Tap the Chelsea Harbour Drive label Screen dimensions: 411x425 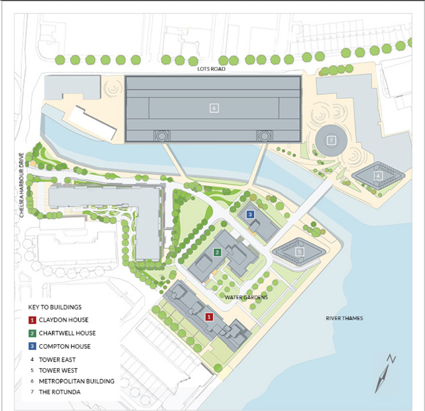[22, 185]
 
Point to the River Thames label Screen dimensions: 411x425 [344, 318]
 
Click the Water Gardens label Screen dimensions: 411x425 [246, 297]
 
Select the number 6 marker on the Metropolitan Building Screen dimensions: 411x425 [214, 108]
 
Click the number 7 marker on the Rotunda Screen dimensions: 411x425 [331, 140]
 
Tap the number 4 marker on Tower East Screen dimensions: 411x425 [378, 175]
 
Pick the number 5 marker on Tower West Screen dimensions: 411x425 [299, 251]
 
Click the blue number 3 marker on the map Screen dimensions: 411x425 [250, 215]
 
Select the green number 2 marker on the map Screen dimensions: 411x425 [217, 252]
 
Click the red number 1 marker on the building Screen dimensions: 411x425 [208, 317]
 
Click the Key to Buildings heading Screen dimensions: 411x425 [55, 307]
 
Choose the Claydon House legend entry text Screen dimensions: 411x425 [63, 320]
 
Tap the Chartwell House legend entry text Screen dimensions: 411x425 [67, 333]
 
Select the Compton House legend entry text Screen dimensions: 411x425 [64, 346]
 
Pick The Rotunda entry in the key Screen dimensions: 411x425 [59, 392]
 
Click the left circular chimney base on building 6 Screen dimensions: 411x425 [162, 135]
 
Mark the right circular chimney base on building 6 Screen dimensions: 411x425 [264, 135]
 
